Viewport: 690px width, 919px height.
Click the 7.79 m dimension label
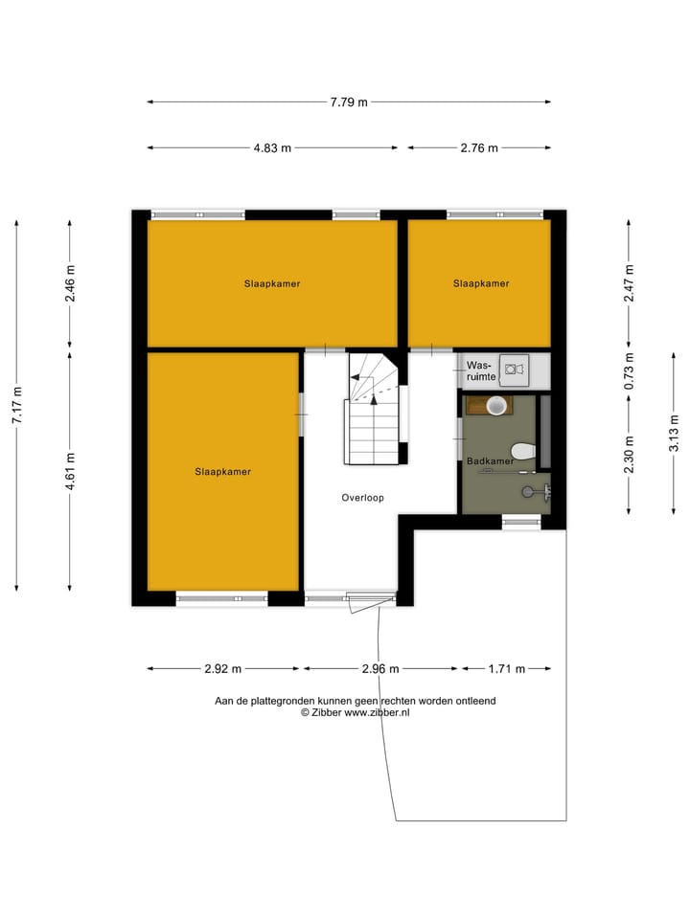(x=349, y=102)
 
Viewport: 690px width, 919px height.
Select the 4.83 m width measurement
(x=272, y=148)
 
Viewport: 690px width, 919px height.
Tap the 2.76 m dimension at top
(x=479, y=148)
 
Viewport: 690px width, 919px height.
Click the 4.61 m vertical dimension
(x=70, y=471)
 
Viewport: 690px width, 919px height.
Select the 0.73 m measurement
(x=629, y=370)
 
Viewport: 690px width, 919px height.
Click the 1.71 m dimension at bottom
(x=506, y=669)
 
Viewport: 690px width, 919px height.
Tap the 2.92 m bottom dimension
(x=222, y=669)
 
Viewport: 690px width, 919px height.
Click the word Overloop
(x=364, y=498)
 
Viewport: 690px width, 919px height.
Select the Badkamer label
(x=490, y=461)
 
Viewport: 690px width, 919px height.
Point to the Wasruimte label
(x=480, y=371)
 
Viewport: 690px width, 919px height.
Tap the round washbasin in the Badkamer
(x=495, y=406)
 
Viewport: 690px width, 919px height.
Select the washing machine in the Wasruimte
(x=514, y=369)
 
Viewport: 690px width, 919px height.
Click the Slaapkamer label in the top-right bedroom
(x=481, y=283)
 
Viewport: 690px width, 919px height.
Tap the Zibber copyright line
(x=355, y=713)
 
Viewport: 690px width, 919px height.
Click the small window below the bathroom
(x=520, y=522)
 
